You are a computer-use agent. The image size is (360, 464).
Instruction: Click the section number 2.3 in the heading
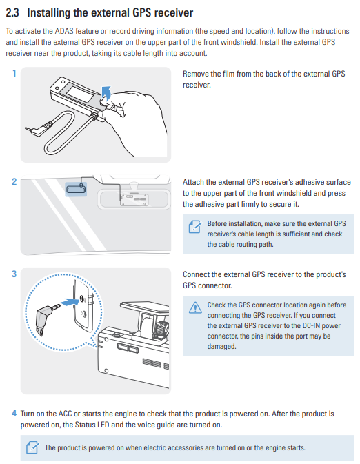click(x=12, y=12)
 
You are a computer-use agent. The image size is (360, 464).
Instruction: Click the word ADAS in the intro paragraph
click(x=64, y=31)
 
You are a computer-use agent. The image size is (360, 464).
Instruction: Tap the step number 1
click(x=14, y=73)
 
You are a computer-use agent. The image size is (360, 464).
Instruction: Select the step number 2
click(x=14, y=181)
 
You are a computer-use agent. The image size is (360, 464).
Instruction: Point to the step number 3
click(x=14, y=274)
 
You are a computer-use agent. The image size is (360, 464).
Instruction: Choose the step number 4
click(x=14, y=413)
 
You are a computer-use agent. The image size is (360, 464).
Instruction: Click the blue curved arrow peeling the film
click(x=106, y=92)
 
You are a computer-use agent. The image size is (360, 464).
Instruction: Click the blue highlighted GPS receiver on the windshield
click(x=76, y=189)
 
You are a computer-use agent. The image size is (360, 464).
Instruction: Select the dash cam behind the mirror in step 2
click(x=134, y=199)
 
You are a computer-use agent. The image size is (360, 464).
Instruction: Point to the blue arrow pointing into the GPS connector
click(x=70, y=303)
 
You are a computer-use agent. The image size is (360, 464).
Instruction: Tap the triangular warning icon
click(x=195, y=307)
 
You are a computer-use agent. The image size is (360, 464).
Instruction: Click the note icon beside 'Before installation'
click(x=195, y=227)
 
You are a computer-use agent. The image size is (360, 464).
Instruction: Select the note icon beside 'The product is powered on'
click(x=32, y=447)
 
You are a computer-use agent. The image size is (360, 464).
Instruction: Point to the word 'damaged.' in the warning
click(x=222, y=347)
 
